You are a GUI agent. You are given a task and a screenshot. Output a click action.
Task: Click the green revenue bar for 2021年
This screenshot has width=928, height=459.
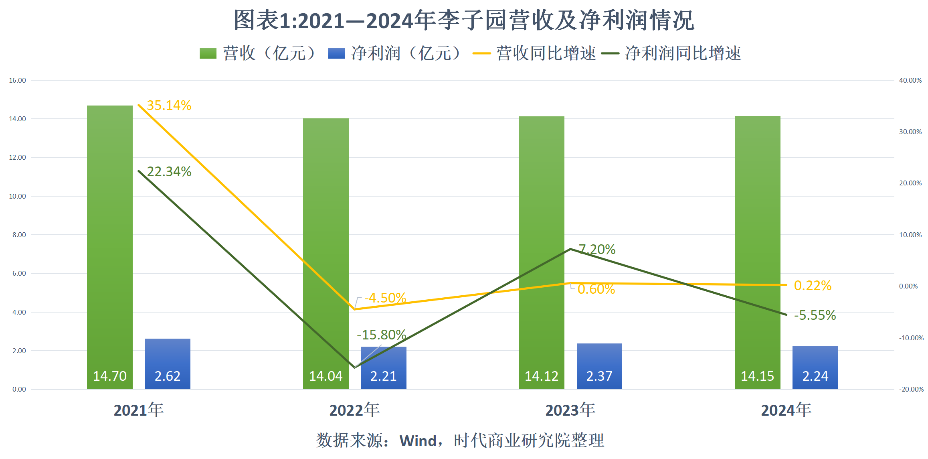pyautogui.click(x=109, y=241)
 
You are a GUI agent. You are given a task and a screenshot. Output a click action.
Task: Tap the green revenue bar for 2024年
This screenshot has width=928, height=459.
pyautogui.click(x=757, y=241)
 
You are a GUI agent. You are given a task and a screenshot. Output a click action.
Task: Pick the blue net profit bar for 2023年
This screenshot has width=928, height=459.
pyautogui.click(x=599, y=359)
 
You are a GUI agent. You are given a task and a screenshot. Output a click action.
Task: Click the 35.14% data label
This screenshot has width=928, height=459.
pyautogui.click(x=169, y=106)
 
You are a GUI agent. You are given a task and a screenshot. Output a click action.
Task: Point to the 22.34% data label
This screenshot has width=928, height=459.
pyautogui.click(x=169, y=172)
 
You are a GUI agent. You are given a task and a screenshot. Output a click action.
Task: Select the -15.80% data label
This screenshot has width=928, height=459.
pyautogui.click(x=381, y=335)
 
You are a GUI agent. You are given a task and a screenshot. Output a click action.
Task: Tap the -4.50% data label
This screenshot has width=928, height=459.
pyautogui.click(x=385, y=298)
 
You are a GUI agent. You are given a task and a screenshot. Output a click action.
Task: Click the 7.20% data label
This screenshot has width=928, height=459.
pyautogui.click(x=597, y=250)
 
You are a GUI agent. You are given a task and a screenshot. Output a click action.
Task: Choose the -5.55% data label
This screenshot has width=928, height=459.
pyautogui.click(x=815, y=315)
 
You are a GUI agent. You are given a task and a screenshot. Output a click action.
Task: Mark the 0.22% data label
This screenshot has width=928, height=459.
pyautogui.click(x=813, y=286)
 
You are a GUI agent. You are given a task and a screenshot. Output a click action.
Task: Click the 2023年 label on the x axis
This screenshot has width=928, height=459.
pyautogui.click(x=570, y=410)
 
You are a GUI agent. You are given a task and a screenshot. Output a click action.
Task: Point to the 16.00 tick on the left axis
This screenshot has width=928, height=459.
pyautogui.click(x=17, y=80)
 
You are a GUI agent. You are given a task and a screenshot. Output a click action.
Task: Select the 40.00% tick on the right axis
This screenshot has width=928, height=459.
pyautogui.click(x=910, y=80)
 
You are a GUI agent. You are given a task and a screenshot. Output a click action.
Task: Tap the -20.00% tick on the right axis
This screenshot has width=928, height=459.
pyautogui.click(x=911, y=389)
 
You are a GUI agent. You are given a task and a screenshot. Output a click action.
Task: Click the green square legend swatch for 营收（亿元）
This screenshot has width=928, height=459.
pyautogui.click(x=208, y=53)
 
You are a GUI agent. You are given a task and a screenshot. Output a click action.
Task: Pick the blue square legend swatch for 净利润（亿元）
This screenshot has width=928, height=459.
pyautogui.click(x=336, y=53)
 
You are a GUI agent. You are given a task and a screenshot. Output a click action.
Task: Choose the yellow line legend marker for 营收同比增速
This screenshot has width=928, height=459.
pyautogui.click(x=481, y=53)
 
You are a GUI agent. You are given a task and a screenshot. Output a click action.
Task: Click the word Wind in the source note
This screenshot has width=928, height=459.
pyautogui.click(x=418, y=441)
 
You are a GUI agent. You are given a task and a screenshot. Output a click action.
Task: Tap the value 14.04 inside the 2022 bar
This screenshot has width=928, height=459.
pyautogui.click(x=326, y=376)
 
